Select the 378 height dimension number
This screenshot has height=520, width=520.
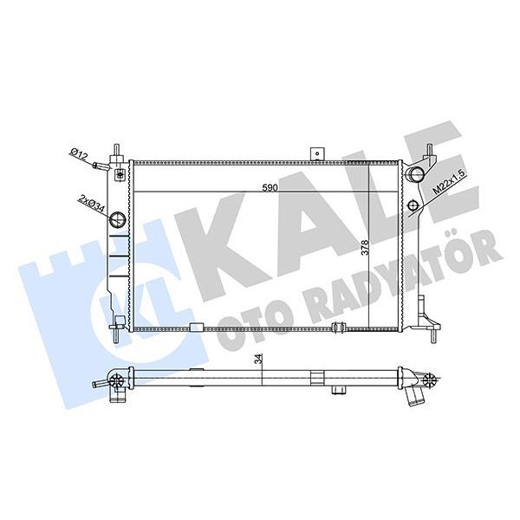coord(367,251)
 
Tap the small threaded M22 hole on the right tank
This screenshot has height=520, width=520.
coord(414,205)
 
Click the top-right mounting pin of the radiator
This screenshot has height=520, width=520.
coord(428,149)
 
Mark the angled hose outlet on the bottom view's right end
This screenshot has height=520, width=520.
coord(415,393)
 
